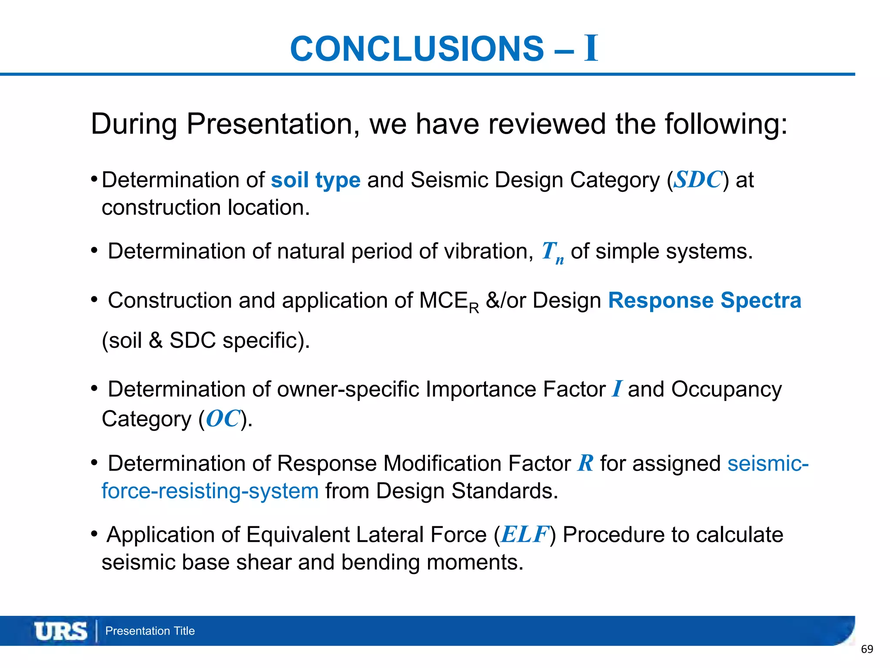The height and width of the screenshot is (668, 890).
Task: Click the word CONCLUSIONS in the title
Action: [x=416, y=49]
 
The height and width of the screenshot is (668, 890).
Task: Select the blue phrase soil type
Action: [x=315, y=180]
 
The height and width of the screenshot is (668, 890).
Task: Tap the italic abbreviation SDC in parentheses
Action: [x=698, y=180]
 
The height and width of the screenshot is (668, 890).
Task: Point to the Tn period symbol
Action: [x=552, y=252]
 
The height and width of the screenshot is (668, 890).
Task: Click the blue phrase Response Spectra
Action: [x=704, y=301]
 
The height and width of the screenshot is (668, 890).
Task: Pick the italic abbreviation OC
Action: [x=223, y=419]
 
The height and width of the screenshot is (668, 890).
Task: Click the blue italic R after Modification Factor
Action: [x=585, y=463]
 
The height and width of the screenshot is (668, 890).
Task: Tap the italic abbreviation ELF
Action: [x=525, y=534]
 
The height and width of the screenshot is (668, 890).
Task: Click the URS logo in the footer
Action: [x=61, y=631]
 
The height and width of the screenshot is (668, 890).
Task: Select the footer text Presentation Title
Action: [x=150, y=631]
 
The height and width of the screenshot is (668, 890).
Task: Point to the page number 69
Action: [x=867, y=649]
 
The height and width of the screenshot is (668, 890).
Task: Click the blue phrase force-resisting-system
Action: [x=210, y=491]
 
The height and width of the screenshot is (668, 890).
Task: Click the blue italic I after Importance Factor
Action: [x=616, y=389]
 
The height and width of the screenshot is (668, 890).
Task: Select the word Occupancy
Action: [x=726, y=390]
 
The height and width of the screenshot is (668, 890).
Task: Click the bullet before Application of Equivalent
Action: [x=94, y=534]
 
